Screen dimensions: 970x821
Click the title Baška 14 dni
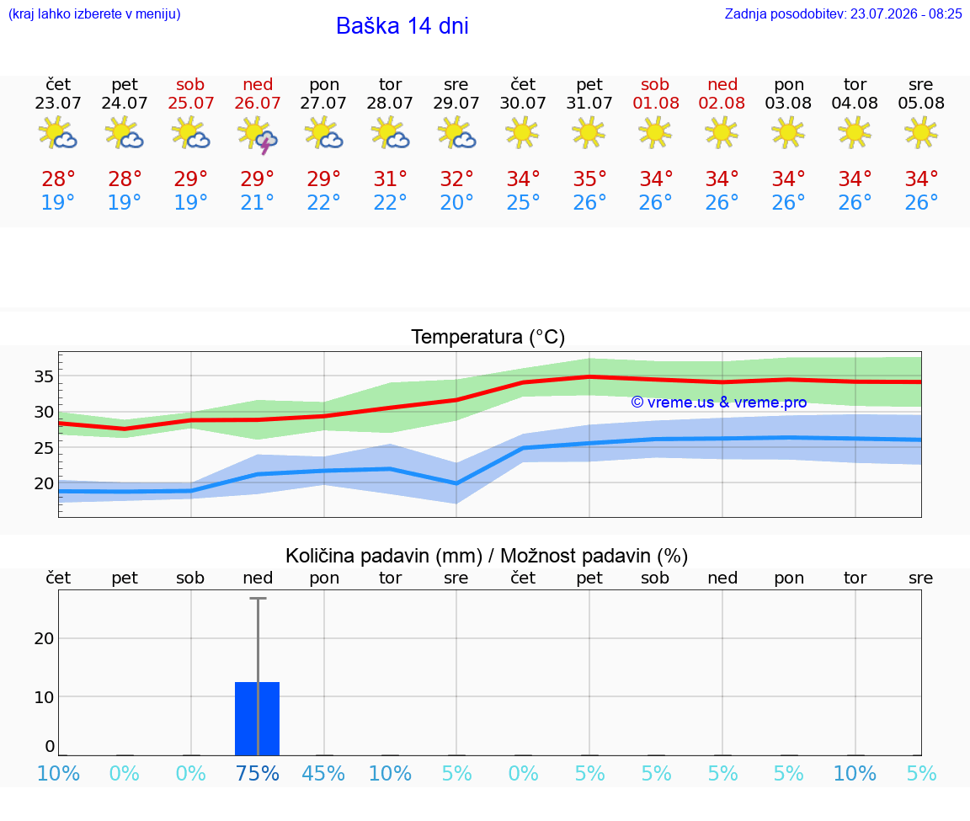point(402,26)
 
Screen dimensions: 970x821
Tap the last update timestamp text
point(843,13)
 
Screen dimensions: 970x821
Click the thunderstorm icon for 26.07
point(258,134)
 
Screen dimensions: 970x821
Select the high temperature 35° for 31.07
point(589,179)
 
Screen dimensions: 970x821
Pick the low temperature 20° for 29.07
point(456,202)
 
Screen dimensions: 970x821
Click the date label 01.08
point(656,103)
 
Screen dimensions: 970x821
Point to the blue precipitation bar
point(258,718)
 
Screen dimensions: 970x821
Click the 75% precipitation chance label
point(258,773)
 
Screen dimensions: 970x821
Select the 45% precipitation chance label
point(323,773)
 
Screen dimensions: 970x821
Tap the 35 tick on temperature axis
point(43,376)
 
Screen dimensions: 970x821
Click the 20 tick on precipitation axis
point(43,638)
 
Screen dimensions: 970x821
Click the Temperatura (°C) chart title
point(488,337)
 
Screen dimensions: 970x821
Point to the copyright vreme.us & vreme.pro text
point(719,403)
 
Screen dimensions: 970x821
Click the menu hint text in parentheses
point(94,13)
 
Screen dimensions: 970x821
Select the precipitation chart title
point(486,556)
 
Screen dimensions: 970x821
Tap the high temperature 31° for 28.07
point(390,179)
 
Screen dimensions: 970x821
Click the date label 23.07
point(58,103)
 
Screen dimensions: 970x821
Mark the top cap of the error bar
point(258,598)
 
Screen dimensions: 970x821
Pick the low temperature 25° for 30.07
point(523,202)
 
